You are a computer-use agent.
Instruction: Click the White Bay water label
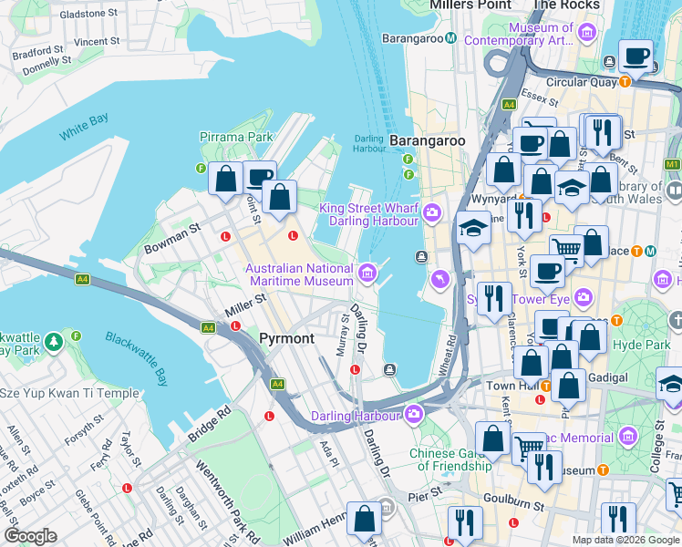click(x=84, y=127)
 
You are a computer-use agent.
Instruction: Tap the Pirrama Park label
click(x=236, y=137)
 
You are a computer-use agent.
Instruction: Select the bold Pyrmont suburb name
click(x=287, y=338)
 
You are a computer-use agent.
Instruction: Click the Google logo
click(x=30, y=536)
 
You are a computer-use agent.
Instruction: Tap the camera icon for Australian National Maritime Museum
click(x=367, y=271)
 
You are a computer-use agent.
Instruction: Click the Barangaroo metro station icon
click(x=451, y=38)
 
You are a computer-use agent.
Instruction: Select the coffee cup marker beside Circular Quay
click(x=635, y=57)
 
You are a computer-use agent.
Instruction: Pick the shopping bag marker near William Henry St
click(x=365, y=519)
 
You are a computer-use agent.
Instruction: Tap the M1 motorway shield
click(x=673, y=164)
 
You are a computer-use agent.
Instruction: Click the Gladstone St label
click(x=88, y=15)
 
